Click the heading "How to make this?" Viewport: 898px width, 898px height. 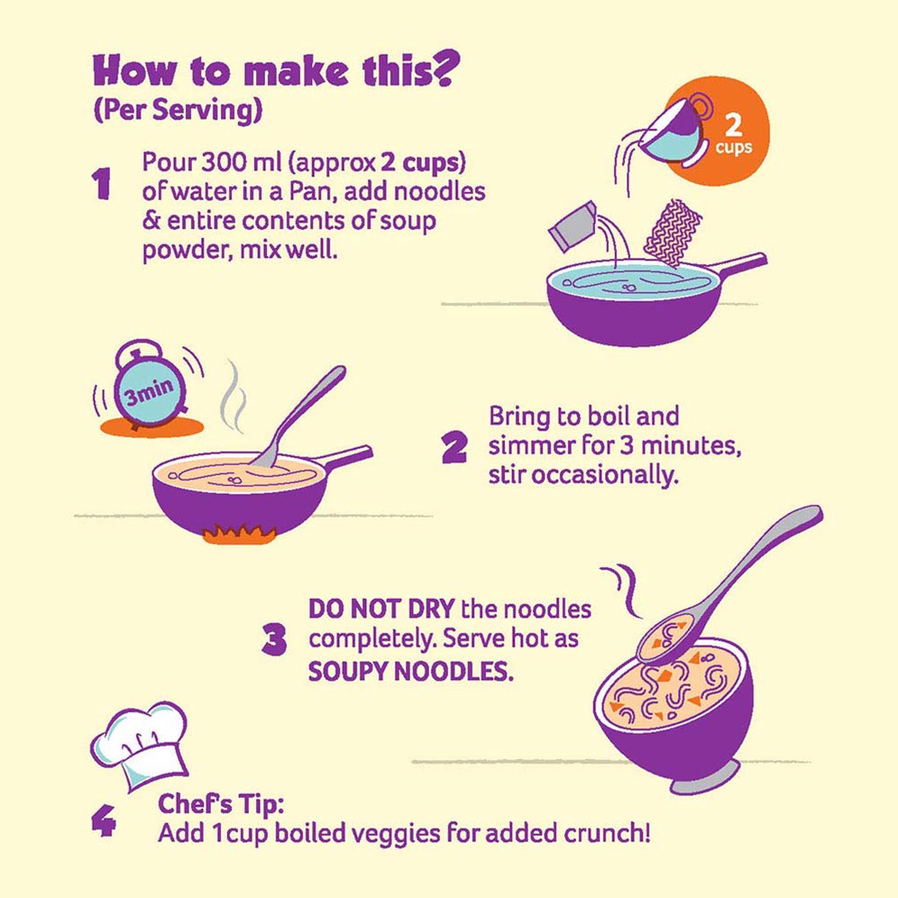pyautogui.click(x=276, y=69)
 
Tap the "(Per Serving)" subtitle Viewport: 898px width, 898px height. pyautogui.click(x=178, y=109)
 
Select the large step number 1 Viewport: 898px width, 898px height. pyautogui.click(x=101, y=184)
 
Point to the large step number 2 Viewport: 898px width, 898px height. pyautogui.click(x=454, y=447)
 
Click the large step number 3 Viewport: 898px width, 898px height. pyautogui.click(x=274, y=640)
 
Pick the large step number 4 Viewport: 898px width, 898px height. pyautogui.click(x=104, y=821)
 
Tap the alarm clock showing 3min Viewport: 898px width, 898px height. pyautogui.click(x=149, y=387)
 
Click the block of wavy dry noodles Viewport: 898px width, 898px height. pyautogui.click(x=673, y=234)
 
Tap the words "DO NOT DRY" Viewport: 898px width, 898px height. pyautogui.click(x=381, y=609)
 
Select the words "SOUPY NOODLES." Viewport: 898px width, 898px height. pyautogui.click(x=410, y=671)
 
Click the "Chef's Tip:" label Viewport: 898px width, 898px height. pyautogui.click(x=221, y=804)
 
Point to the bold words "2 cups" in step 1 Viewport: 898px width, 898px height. pyautogui.click(x=421, y=163)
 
